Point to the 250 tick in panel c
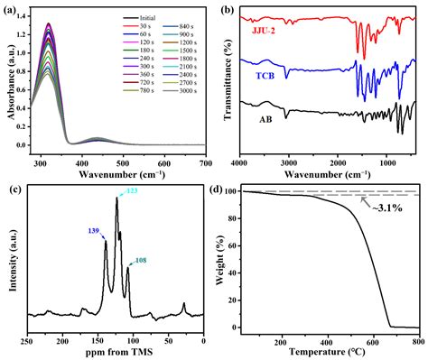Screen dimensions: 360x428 point(27,341)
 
